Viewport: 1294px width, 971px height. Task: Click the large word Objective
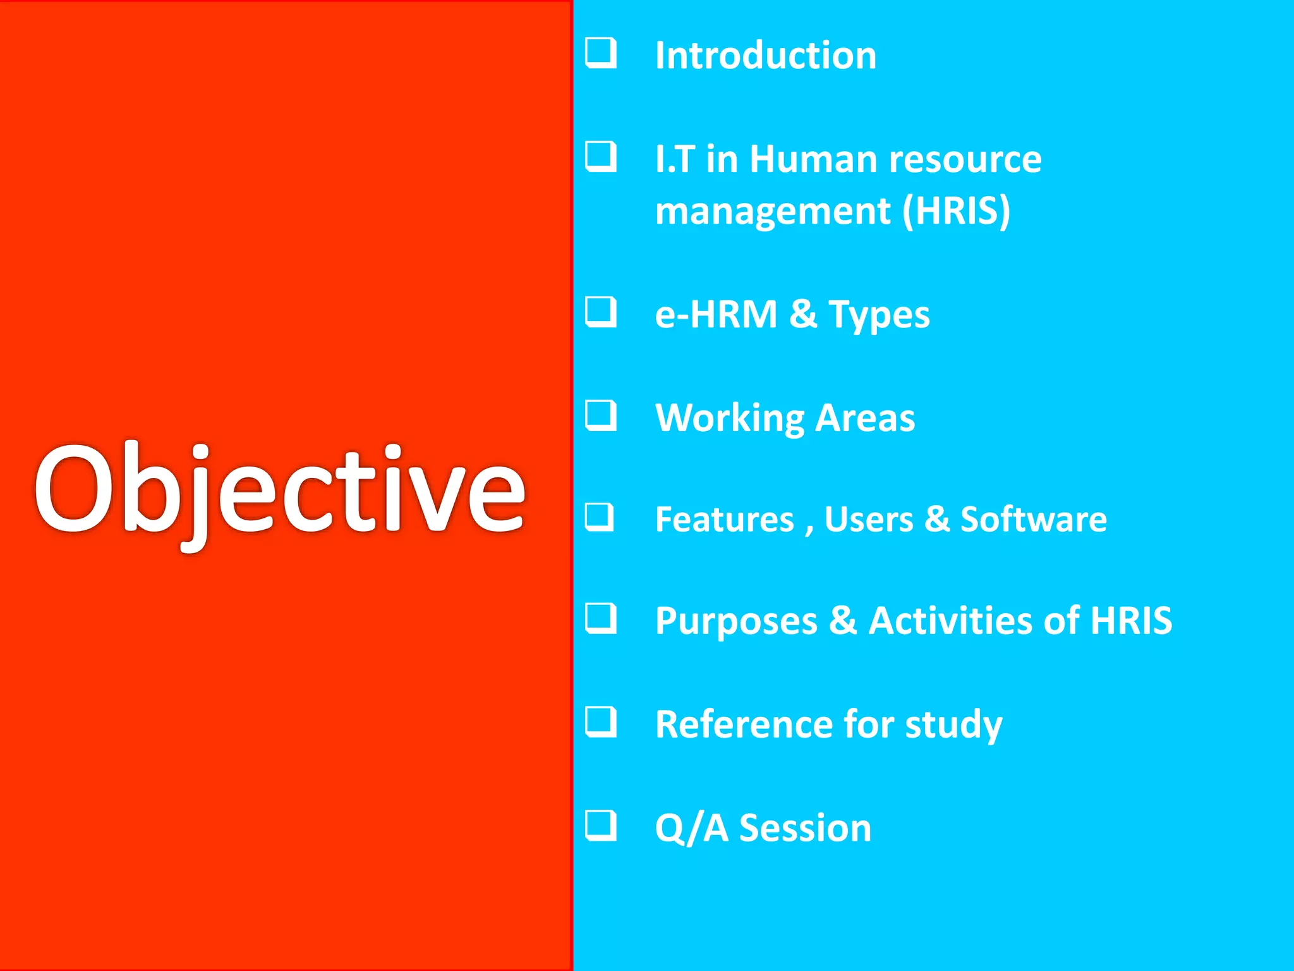click(280, 490)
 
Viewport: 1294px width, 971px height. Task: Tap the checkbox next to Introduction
click(600, 53)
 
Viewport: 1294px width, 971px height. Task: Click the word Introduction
click(765, 56)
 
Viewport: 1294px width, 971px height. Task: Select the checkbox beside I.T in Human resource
click(600, 156)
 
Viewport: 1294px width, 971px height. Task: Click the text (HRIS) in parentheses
click(956, 211)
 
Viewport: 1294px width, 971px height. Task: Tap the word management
click(773, 212)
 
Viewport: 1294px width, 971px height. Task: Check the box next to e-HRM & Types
click(600, 312)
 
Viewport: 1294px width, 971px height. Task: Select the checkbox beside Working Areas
click(600, 415)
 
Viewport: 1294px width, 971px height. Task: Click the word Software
click(1033, 520)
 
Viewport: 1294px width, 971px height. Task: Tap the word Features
click(724, 520)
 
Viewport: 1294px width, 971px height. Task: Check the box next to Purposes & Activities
click(600, 618)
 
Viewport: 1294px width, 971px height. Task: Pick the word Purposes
click(736, 621)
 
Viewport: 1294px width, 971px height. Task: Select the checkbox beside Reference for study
click(600, 721)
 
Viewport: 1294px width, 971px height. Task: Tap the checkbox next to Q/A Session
click(600, 825)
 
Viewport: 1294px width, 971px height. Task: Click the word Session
click(805, 828)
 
